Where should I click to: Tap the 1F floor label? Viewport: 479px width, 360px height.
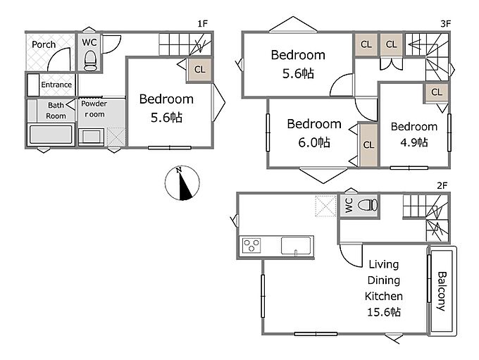point(202,23)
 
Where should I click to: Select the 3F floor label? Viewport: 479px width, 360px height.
point(446,23)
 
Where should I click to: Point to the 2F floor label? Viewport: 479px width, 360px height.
point(442,185)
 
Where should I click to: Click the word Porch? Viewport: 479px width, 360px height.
point(44,44)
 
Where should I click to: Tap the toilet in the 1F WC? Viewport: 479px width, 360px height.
point(90,60)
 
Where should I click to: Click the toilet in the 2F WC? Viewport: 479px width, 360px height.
point(367,205)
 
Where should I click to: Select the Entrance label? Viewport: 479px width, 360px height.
point(56,85)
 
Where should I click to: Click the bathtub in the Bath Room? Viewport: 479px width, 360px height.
point(51,134)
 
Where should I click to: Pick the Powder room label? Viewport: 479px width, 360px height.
point(94,108)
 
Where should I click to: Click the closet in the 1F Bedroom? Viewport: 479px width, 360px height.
point(199,70)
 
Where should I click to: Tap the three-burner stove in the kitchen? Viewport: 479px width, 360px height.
point(251,245)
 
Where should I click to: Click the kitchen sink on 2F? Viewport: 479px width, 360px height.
point(297,245)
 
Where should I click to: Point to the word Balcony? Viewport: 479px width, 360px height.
point(442,291)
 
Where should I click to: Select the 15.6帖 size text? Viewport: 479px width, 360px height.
point(384,312)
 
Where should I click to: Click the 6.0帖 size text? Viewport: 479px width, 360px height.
point(314,142)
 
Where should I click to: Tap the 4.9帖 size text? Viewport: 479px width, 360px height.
point(414,142)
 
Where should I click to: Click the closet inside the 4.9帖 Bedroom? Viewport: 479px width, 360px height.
point(437,92)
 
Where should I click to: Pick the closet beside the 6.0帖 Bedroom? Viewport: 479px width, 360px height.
point(368,144)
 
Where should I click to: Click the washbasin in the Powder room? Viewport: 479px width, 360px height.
point(91,136)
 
